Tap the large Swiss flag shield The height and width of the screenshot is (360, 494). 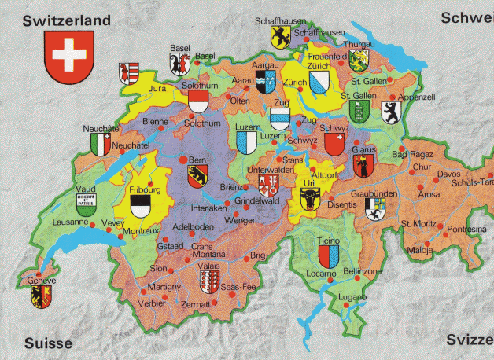click(67, 61)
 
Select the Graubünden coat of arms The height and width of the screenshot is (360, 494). click(375, 208)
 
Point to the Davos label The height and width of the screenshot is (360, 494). click(449, 174)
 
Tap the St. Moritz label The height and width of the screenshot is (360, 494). click(418, 224)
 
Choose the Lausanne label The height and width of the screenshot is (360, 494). click(68, 222)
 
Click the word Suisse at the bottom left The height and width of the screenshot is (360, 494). click(47, 343)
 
